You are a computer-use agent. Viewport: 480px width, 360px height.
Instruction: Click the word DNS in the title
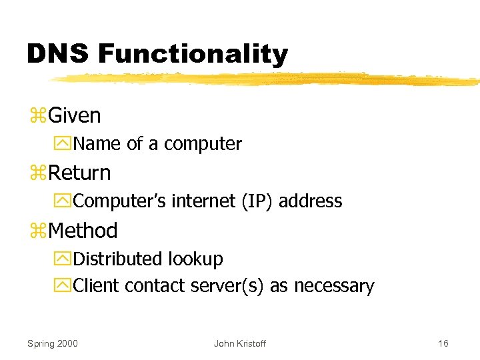point(57,54)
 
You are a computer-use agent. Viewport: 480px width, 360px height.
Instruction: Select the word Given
point(75,115)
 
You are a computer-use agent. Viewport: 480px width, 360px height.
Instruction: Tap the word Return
point(79,173)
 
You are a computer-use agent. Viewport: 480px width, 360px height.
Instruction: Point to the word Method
point(83,231)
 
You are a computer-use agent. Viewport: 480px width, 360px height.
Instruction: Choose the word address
point(310,201)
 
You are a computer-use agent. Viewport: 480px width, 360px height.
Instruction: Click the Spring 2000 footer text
point(52,343)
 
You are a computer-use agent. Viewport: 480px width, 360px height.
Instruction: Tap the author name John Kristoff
point(239,343)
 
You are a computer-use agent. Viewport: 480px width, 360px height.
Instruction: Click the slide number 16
point(443,343)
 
